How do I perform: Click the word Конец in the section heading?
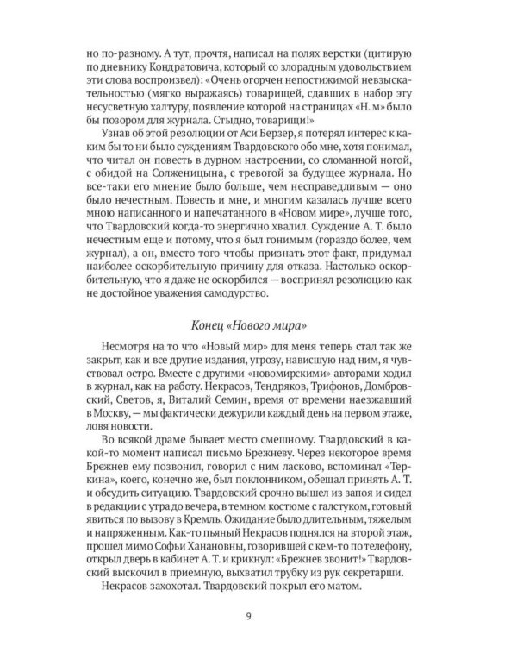coord(207,323)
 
